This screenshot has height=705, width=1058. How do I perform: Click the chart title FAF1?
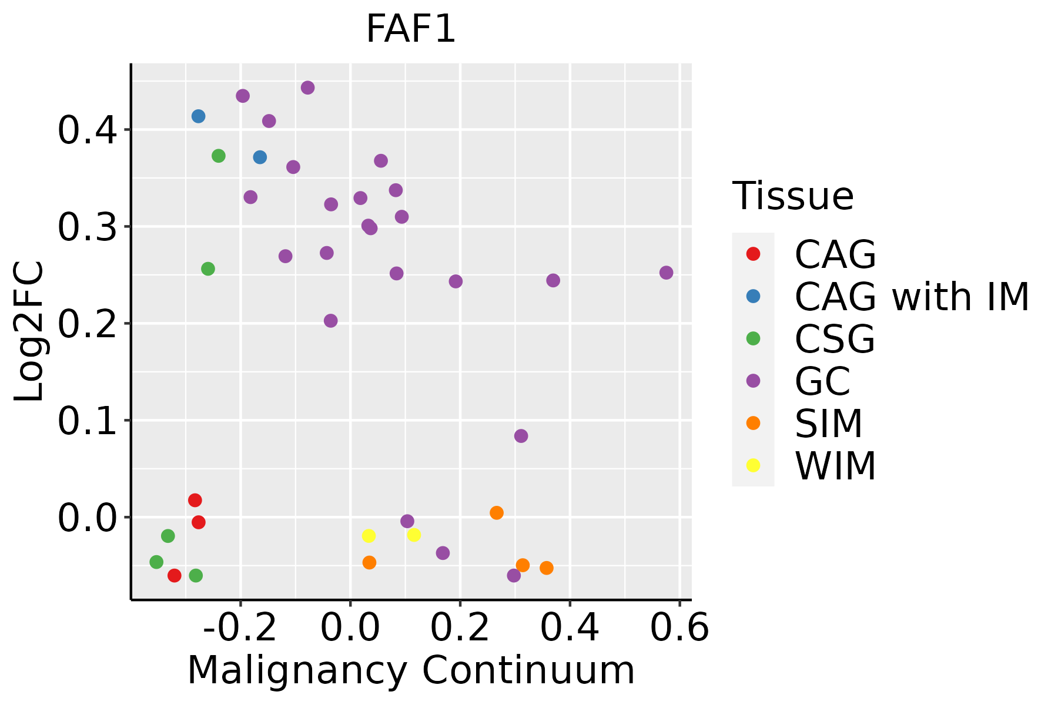(x=411, y=29)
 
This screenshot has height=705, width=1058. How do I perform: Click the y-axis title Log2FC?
(x=29, y=331)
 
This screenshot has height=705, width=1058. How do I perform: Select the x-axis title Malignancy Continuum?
(x=411, y=670)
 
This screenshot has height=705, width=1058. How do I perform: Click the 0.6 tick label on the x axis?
(x=679, y=628)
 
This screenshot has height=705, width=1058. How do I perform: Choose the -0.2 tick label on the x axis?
(x=240, y=628)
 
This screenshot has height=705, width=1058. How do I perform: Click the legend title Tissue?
(x=792, y=196)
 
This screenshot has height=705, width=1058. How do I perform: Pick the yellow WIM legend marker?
(x=753, y=465)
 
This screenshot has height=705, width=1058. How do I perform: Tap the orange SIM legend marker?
(x=753, y=423)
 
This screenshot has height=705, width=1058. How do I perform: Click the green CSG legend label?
(x=835, y=339)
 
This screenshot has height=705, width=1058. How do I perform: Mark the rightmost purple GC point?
(x=666, y=273)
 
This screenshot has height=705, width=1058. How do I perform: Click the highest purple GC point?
(x=307, y=88)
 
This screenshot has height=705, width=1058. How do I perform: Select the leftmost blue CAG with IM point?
(x=199, y=116)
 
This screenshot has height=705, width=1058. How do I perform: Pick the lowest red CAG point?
(x=174, y=575)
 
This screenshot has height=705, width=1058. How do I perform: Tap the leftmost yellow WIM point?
(x=369, y=536)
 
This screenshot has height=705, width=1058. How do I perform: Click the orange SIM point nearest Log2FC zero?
(x=497, y=513)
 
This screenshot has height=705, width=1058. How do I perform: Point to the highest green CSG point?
(x=219, y=156)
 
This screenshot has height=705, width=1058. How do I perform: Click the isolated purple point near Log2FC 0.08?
(x=521, y=436)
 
